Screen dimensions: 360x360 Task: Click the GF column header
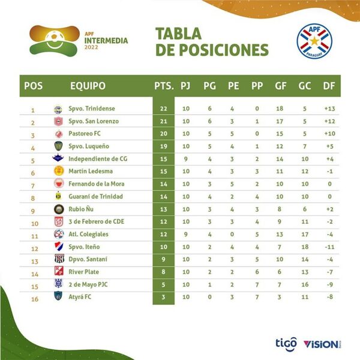pos(280,86)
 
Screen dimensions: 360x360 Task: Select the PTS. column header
pos(164,86)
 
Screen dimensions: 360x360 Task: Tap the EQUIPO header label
pos(88,86)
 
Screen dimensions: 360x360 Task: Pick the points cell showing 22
pos(163,109)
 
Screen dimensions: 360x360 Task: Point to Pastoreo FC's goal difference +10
pos(328,134)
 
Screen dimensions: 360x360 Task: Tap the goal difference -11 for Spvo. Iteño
pos(328,247)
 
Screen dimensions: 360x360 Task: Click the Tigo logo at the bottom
pos(286,343)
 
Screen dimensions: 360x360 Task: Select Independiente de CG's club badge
pos(58,159)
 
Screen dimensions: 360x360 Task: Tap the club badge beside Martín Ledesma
pos(58,171)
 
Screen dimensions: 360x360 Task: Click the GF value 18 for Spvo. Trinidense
pos(280,109)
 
